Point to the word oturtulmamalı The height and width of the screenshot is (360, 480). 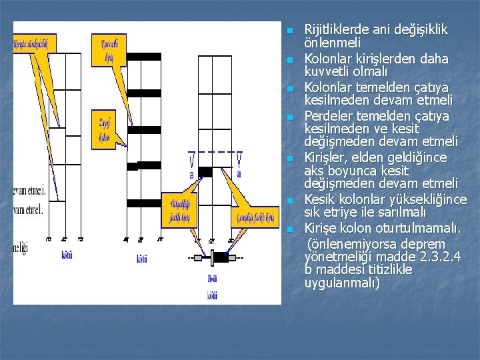point(420,229)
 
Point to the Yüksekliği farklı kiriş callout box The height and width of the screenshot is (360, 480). point(181,209)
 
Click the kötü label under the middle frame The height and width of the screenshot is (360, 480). point(142,259)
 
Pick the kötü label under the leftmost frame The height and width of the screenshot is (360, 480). point(66,255)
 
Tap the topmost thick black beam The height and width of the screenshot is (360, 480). point(144,57)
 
